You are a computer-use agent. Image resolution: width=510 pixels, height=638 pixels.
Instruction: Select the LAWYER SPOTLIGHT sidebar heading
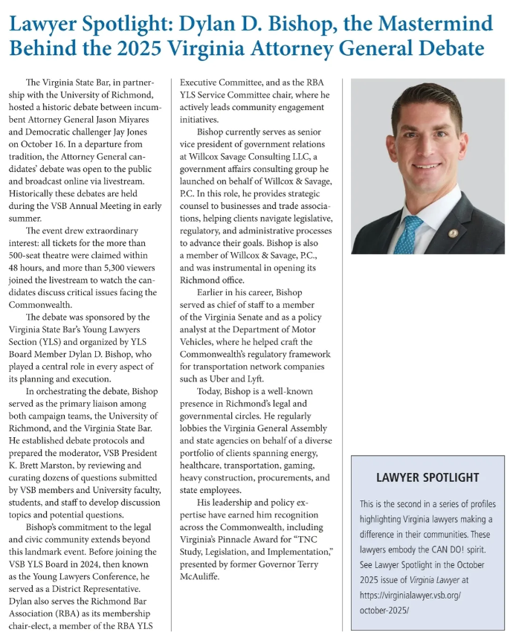(x=427, y=477)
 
